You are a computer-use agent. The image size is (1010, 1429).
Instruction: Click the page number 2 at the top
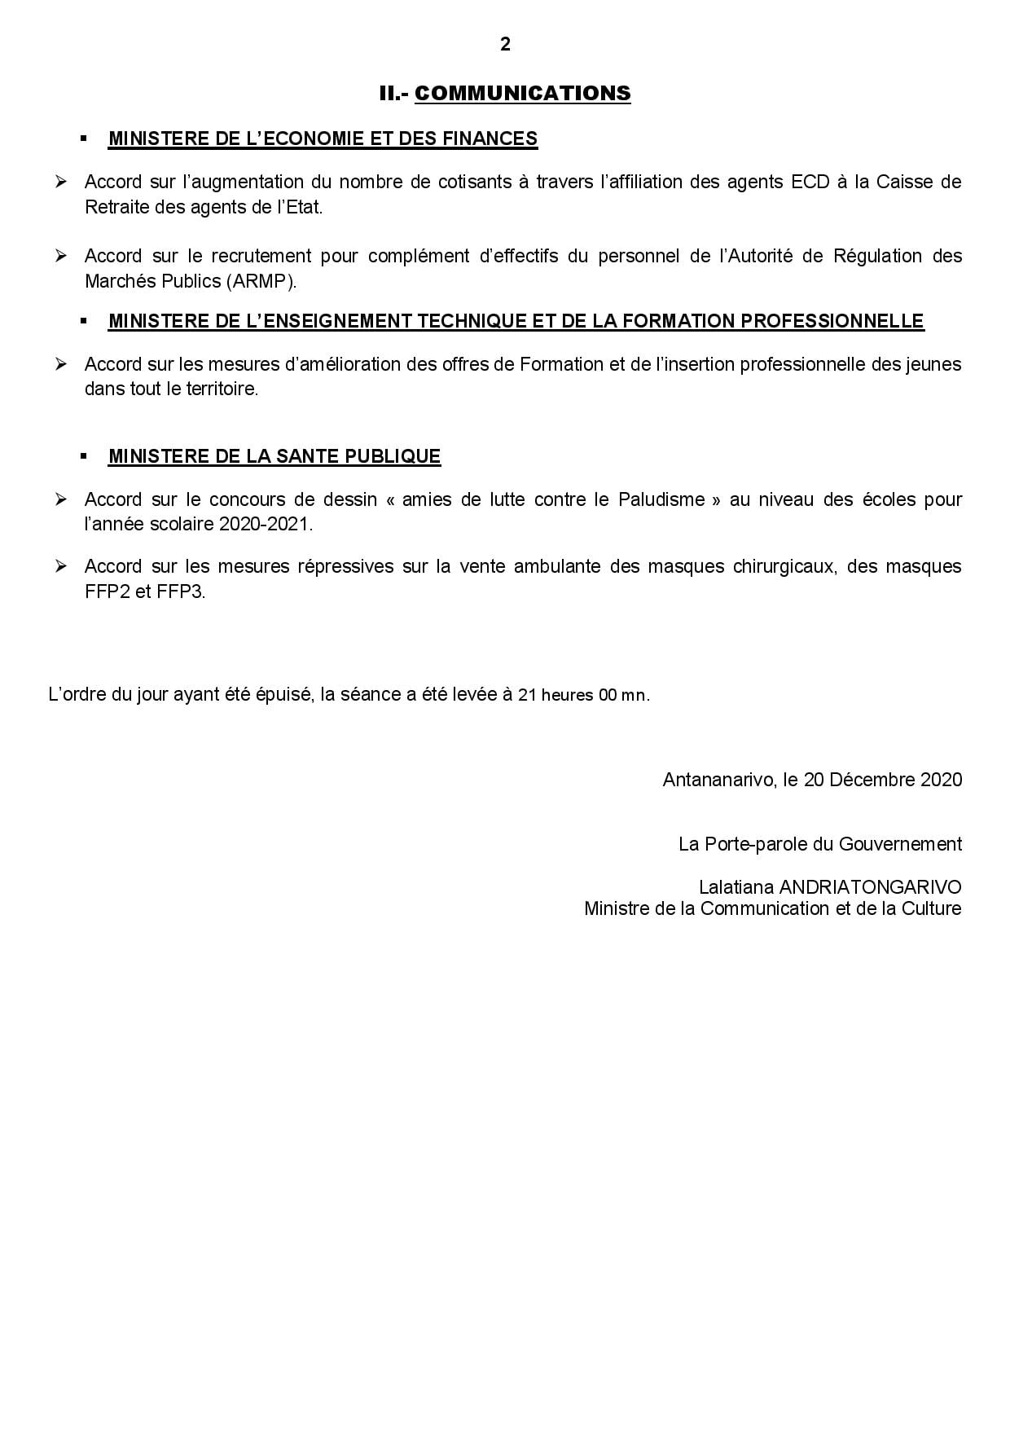click(x=505, y=45)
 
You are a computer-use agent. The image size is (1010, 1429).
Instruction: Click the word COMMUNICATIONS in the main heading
click(x=522, y=94)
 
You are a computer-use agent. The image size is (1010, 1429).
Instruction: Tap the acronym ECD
click(x=810, y=182)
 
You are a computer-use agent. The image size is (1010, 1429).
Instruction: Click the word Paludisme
click(x=661, y=499)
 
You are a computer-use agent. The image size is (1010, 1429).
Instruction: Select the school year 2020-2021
click(x=265, y=525)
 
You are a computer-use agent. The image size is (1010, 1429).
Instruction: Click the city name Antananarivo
click(x=718, y=780)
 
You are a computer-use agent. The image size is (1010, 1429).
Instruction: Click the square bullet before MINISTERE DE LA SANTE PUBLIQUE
click(x=84, y=457)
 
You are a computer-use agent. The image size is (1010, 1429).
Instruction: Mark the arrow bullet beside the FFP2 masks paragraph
click(x=61, y=566)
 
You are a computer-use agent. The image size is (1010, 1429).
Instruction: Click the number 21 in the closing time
click(x=527, y=697)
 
